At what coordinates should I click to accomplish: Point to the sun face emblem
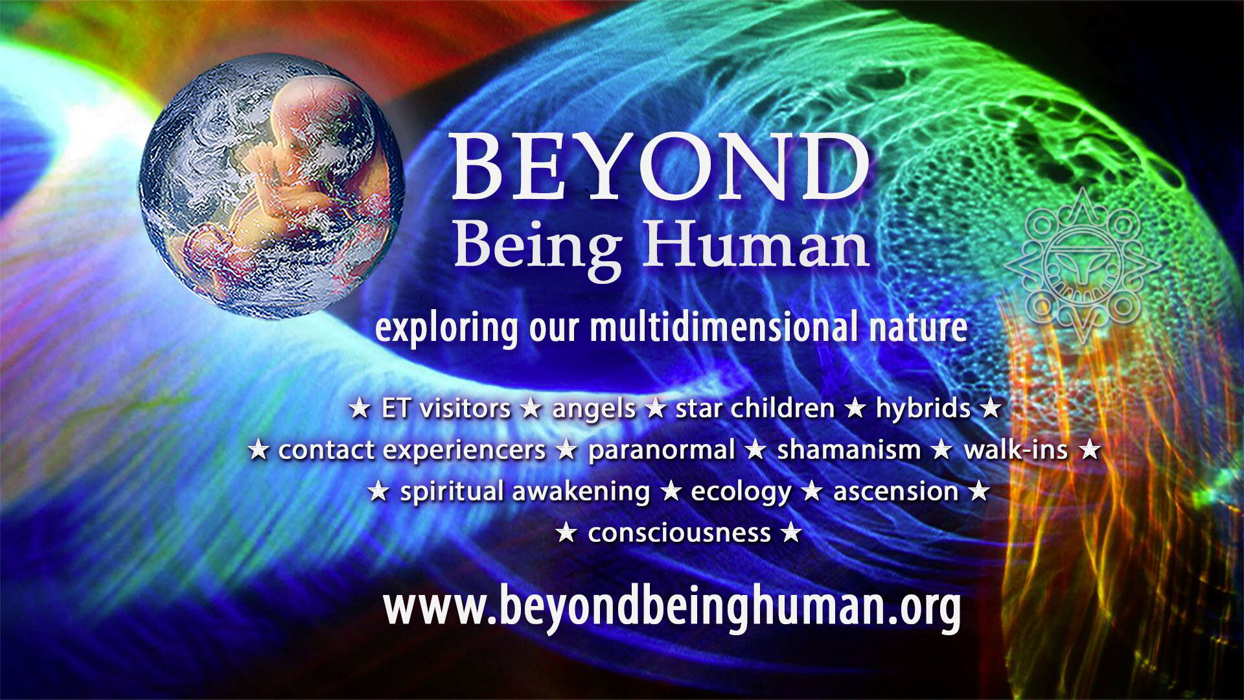pos(1083,266)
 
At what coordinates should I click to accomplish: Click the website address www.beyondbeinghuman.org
pos(671,607)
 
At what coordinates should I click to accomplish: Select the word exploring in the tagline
pos(447,329)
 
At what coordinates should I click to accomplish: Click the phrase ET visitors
pos(446,409)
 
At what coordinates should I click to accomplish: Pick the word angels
pos(593,410)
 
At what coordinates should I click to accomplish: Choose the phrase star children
pos(755,408)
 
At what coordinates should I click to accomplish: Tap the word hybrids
pos(923,409)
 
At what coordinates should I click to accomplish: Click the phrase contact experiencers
pos(412,450)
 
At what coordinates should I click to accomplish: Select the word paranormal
pos(661,450)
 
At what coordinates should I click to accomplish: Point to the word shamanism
pos(849,449)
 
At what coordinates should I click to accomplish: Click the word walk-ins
pos(1015,449)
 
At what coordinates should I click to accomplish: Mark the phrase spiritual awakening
pos(525,491)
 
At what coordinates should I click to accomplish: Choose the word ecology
pos(741,493)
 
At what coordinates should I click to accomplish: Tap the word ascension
pos(895,491)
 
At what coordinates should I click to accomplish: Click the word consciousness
pos(679,533)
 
